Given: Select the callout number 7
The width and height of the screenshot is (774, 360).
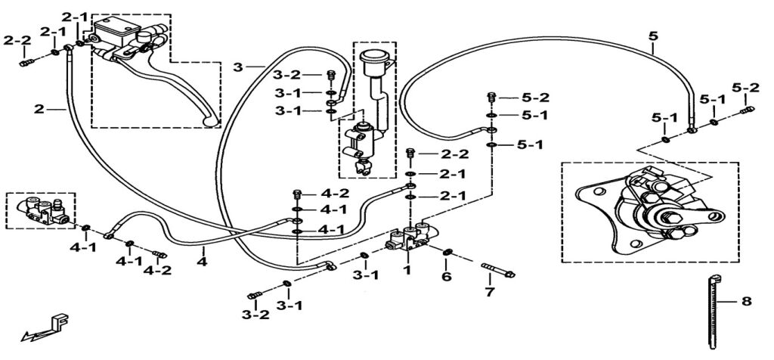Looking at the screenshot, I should pos(489,292).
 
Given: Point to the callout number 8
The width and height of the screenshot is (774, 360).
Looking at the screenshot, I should pos(746,302).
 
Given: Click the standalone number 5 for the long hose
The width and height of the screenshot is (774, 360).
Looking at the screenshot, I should pos(653,36).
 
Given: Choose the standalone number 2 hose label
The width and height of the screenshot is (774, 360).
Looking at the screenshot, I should pos(39,109).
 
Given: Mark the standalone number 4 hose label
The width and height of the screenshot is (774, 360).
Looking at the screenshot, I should pos(201,262).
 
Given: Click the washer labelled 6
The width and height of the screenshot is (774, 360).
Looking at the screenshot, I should pos(447,251).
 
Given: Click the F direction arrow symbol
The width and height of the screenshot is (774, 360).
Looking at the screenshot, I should pos(47,328).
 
